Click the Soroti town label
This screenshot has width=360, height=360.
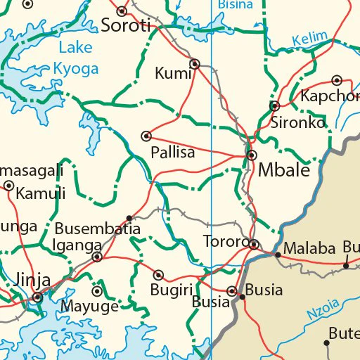click(127, 27)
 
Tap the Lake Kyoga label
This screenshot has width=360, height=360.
click(77, 58)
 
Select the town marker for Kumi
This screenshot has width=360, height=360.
click(195, 64)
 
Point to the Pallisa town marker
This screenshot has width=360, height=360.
click(146, 136)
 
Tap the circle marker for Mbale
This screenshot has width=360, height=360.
click(251, 155)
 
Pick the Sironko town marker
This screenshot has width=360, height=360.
click(274, 106)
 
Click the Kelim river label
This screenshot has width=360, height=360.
click(310, 38)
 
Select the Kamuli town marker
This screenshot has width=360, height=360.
click(8, 186)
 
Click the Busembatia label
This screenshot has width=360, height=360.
click(98, 229)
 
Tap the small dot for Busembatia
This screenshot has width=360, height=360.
click(129, 218)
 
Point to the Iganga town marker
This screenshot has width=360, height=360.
click(97, 257)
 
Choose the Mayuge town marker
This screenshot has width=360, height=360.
click(97, 291)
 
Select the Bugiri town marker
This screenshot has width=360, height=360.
click(159, 275)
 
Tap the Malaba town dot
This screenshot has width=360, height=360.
click(278, 254)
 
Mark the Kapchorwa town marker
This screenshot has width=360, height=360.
click(337, 80)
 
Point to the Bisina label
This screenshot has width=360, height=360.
click(236, 4)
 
